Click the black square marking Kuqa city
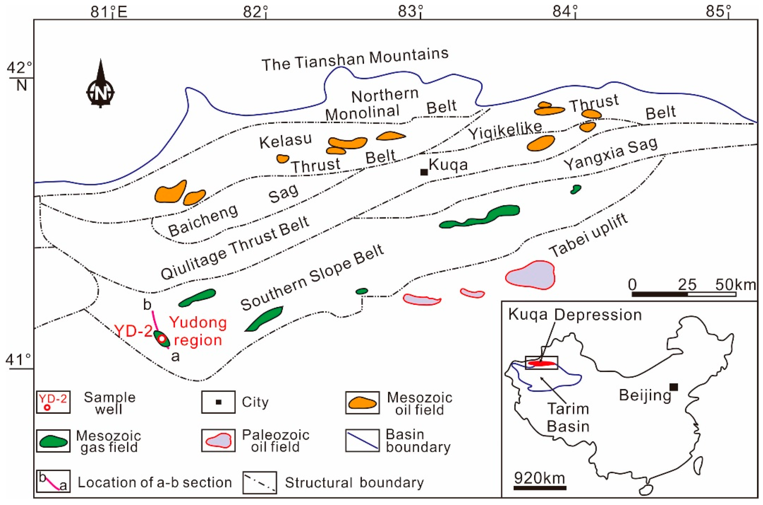[424, 172]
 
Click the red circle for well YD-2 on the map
[162, 339]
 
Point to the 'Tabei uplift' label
[588, 235]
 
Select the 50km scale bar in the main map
[684, 294]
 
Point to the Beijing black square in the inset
[674, 387]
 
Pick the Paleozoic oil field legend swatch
[219, 441]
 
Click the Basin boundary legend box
[362, 441]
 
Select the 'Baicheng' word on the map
[203, 220]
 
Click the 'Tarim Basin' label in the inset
[568, 417]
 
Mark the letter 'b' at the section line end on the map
[147, 304]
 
